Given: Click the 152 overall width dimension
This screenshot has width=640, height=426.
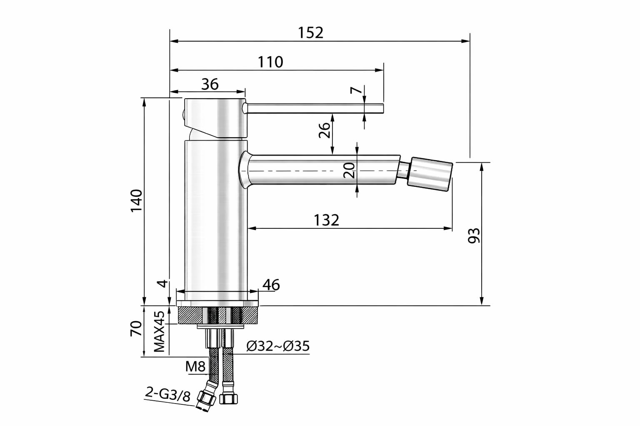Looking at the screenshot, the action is (310, 33).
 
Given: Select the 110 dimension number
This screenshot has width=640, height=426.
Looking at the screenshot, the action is (270, 62).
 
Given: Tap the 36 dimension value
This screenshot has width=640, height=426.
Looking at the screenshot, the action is (210, 84).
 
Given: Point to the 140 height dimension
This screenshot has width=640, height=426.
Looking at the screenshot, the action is (137, 201).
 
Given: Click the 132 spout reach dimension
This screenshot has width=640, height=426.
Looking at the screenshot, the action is (326, 220).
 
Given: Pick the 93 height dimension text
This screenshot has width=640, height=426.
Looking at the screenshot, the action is (474, 236).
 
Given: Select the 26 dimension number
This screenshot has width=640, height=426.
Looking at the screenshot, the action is (325, 130).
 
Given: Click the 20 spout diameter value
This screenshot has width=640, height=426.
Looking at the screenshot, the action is (349, 170).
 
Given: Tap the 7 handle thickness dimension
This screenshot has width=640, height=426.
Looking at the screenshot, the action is (356, 90).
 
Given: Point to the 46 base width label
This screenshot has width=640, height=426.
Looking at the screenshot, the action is (271, 285).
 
